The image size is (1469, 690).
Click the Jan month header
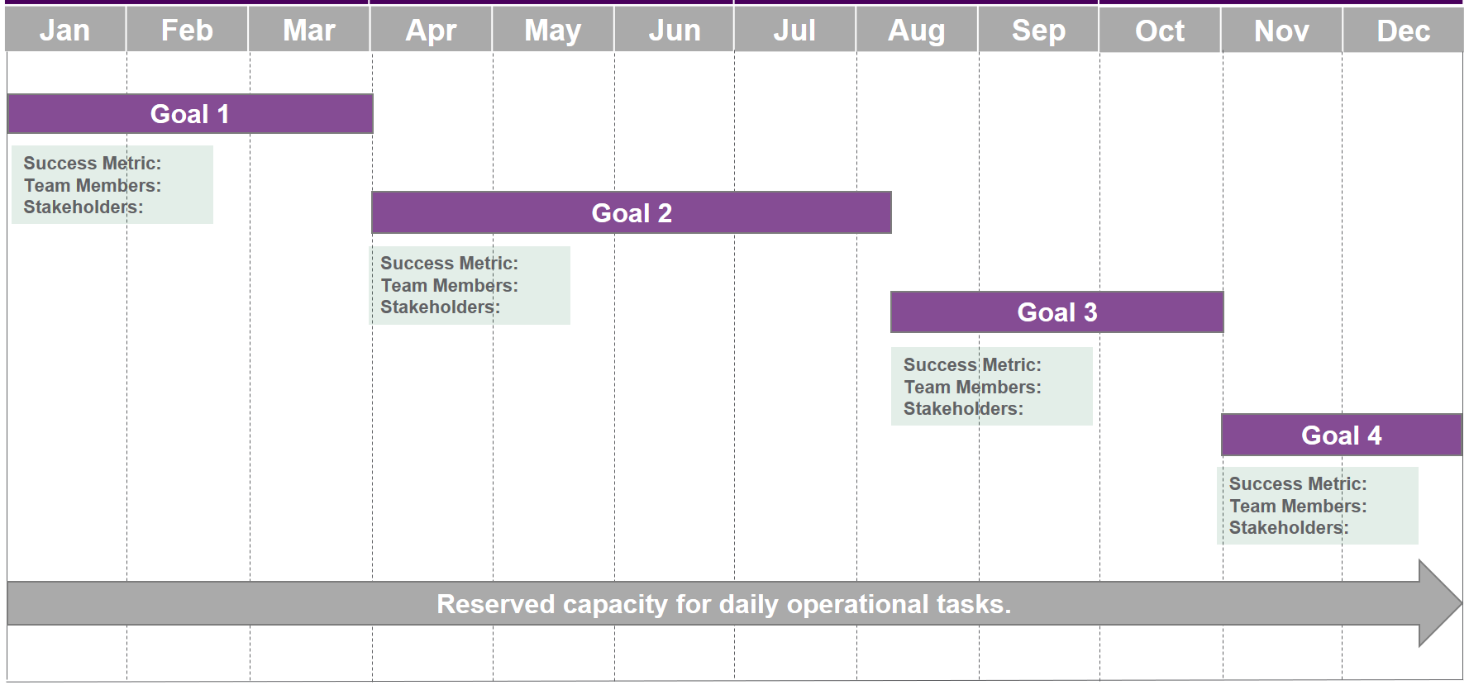pyautogui.click(x=65, y=30)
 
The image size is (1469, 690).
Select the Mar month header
pyautogui.click(x=309, y=30)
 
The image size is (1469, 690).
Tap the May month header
pyautogui.click(x=553, y=30)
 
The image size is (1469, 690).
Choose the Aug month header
pyautogui.click(x=917, y=30)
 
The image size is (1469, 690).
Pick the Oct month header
pyautogui.click(x=1160, y=30)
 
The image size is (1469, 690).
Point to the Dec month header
pyautogui.click(x=1403, y=30)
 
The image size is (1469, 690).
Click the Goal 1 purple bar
pyautogui.click(x=190, y=114)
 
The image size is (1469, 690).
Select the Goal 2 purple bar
pyautogui.click(x=632, y=212)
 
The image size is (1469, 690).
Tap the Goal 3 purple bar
pyautogui.click(x=1057, y=312)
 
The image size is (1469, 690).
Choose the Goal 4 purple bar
pyautogui.click(x=1342, y=435)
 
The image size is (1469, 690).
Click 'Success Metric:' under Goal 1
pyautogui.click(x=93, y=164)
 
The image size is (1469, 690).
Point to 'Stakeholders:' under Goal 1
pyautogui.click(x=83, y=207)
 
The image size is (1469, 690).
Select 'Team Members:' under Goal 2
pyautogui.click(x=450, y=285)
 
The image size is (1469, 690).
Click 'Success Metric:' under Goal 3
pyautogui.click(x=972, y=364)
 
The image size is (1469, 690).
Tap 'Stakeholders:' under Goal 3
pyautogui.click(x=963, y=408)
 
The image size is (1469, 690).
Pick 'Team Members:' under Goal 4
pyautogui.click(x=1298, y=506)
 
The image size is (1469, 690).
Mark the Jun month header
pyautogui.click(x=675, y=30)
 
